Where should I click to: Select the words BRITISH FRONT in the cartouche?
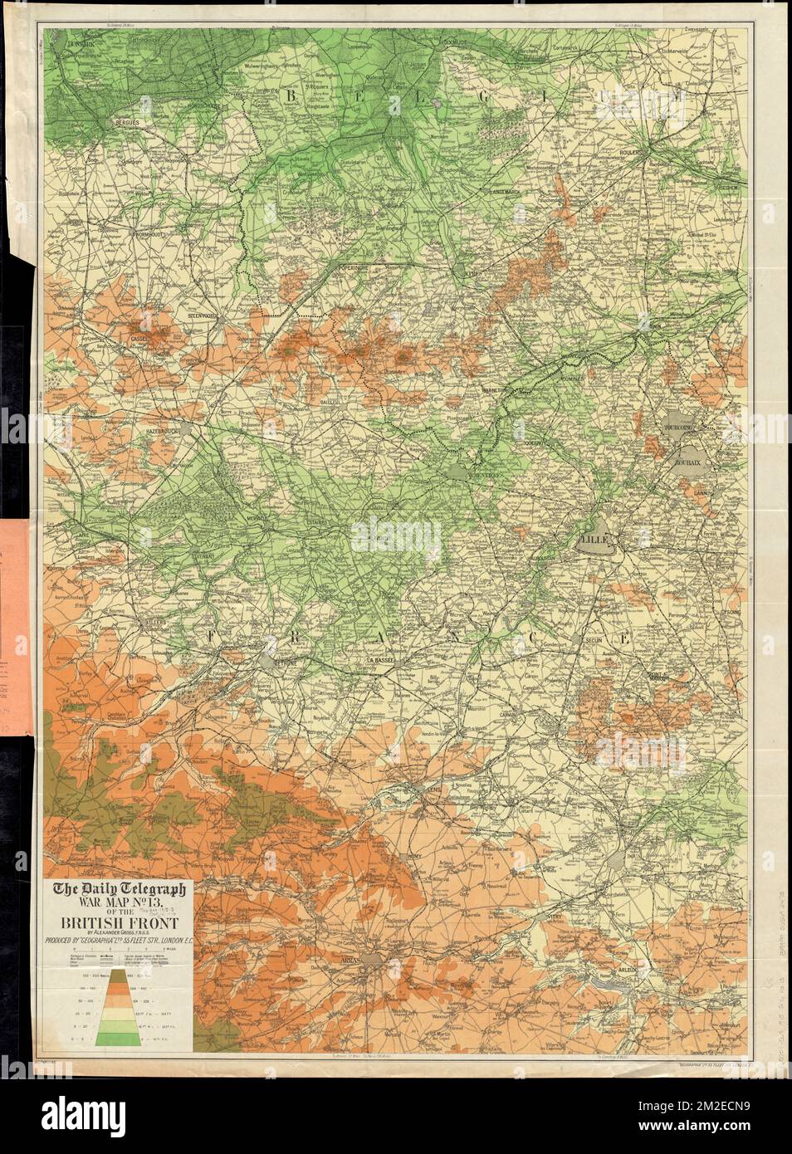(121, 922)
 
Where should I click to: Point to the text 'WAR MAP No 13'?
(121, 904)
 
